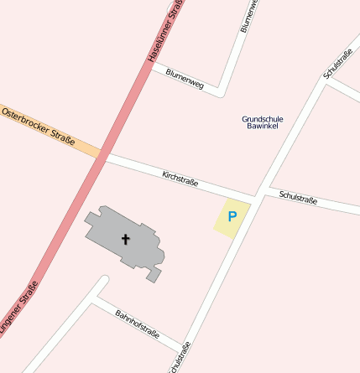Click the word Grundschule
pyautogui.click(x=263, y=119)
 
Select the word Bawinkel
pyautogui.click(x=263, y=127)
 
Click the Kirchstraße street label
pyautogui.click(x=180, y=179)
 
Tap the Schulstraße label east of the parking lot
pyautogui.click(x=298, y=198)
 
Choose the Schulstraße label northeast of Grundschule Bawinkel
pyautogui.click(x=337, y=64)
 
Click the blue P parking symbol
pyautogui.click(x=232, y=217)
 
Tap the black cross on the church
pyautogui.click(x=126, y=239)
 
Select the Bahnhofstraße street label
pyautogui.click(x=137, y=326)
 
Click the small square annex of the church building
pyautogui.click(x=153, y=274)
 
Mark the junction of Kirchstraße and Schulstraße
pyautogui.click(x=257, y=194)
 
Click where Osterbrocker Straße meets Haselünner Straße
pyautogui.click(x=101, y=154)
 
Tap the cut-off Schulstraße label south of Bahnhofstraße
pyautogui.click(x=179, y=359)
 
